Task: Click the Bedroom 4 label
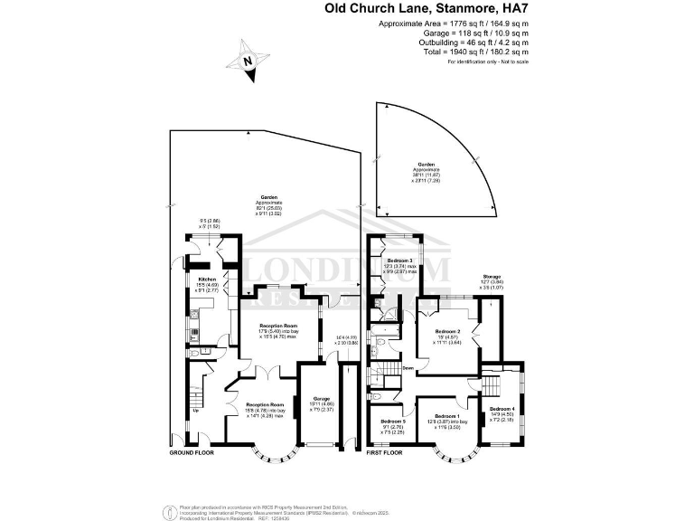pyautogui.click(x=500, y=409)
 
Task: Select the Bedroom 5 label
pyautogui.click(x=393, y=422)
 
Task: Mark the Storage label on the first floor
pyautogui.click(x=492, y=276)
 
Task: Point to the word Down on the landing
pyautogui.click(x=408, y=368)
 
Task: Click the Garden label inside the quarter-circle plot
pyautogui.click(x=427, y=165)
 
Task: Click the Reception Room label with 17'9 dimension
pyautogui.click(x=278, y=325)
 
